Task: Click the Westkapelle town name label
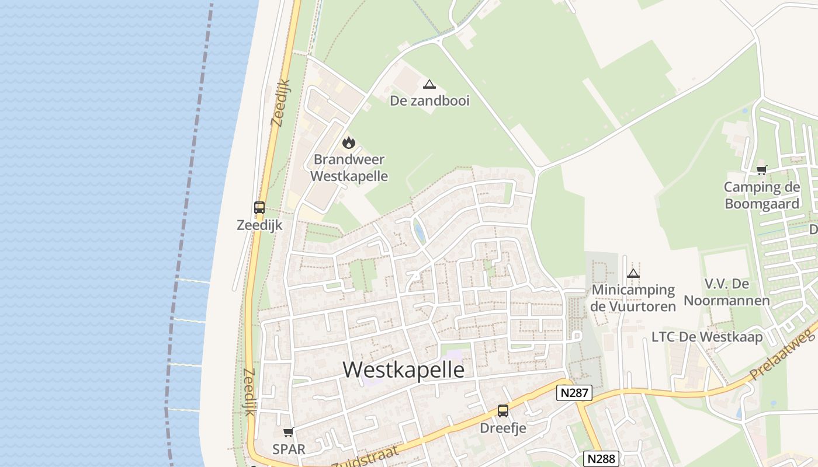point(404,370)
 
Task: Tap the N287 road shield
point(574,393)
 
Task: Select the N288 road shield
point(601,459)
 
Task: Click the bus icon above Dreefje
point(503,411)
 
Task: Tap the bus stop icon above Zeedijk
point(259,208)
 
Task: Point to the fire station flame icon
point(349,142)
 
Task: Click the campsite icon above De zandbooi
point(429,84)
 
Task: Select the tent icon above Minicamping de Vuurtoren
point(633,273)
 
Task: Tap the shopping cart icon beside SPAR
point(288,433)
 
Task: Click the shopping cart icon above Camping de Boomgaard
point(761,170)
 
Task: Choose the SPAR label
point(289,449)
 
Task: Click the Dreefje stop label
point(503,428)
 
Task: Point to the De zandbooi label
point(429,100)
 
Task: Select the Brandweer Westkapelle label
point(349,167)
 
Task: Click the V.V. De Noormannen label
point(727,292)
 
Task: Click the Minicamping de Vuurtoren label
point(633,298)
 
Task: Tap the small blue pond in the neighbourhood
point(419,231)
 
